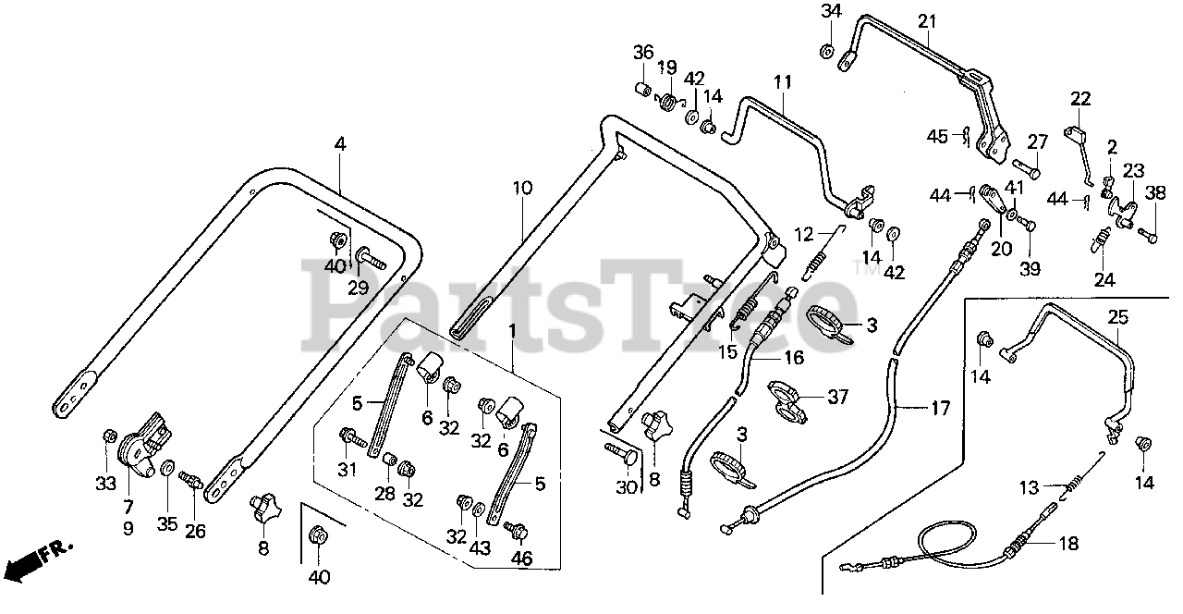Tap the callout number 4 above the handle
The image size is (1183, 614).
340,143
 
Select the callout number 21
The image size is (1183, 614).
926,21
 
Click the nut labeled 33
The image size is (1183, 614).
109,436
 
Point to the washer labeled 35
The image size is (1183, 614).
168,468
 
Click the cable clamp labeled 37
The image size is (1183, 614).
787,400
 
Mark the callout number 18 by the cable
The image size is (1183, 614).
1069,543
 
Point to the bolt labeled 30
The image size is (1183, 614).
619,454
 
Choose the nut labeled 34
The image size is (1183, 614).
827,51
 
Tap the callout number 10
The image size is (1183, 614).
522,188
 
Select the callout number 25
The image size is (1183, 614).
1118,317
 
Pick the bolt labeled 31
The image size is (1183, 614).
352,438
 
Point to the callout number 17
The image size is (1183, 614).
940,408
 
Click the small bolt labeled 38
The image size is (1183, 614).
1147,235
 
